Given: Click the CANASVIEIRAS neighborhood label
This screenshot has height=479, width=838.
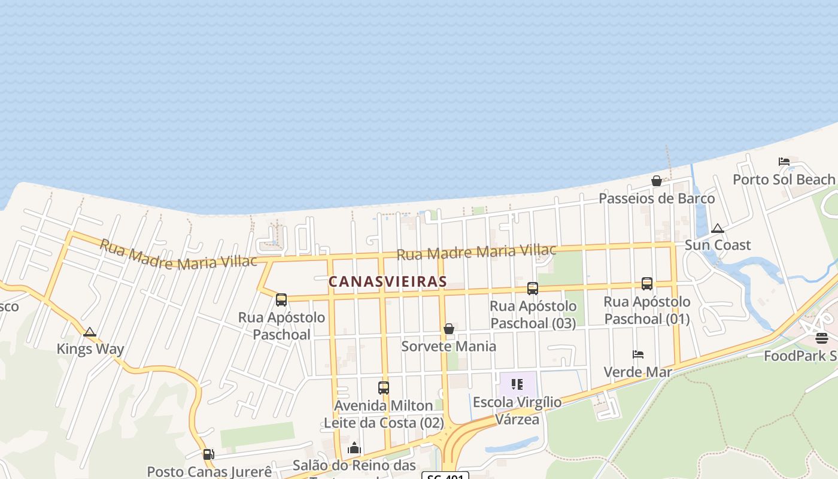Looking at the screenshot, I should (x=388, y=281).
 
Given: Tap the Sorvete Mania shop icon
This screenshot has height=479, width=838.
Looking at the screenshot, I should (x=449, y=329).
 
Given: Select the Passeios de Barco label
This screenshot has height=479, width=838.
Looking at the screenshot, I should (x=657, y=198).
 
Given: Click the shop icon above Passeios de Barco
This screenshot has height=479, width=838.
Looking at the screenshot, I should (x=657, y=181).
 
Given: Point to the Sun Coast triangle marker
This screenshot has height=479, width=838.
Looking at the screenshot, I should (x=718, y=229).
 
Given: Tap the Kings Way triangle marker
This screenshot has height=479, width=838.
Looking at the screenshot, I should (x=90, y=332).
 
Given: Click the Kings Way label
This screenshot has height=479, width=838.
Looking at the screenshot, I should (x=90, y=349).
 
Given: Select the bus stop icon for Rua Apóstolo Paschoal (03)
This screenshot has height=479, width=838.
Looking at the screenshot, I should (x=533, y=289).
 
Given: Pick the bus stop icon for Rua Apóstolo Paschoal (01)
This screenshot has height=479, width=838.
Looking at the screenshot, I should (x=647, y=284).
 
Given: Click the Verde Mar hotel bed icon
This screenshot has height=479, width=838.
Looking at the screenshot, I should (x=638, y=354).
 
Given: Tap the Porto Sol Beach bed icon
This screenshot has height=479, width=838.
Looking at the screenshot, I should (x=784, y=162).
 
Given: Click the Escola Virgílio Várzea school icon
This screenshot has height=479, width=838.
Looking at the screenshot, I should (x=517, y=384).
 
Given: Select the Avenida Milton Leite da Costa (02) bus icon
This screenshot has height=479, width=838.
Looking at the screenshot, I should (x=384, y=388).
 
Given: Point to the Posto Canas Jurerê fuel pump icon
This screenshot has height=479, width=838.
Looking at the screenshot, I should (x=208, y=454).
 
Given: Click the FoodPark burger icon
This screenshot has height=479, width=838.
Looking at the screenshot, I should (x=822, y=338).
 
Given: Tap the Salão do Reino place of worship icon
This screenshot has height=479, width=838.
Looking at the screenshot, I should (x=354, y=448).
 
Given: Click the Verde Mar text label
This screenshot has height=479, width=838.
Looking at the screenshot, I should (x=637, y=372).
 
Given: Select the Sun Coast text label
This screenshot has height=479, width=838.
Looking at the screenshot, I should (x=717, y=245).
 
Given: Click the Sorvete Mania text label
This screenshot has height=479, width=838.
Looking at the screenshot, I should (x=448, y=346).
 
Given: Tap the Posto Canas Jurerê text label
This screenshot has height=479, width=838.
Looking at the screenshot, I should (x=209, y=472).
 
